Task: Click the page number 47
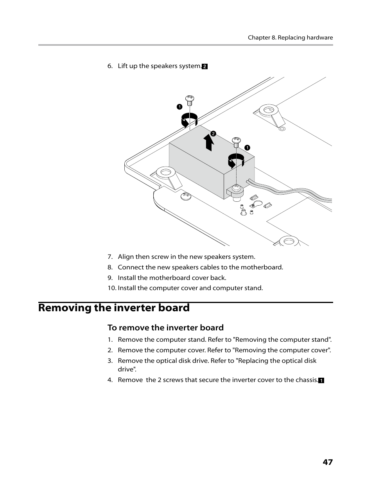(328, 462)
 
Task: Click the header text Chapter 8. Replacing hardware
(290, 38)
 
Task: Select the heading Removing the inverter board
(114, 308)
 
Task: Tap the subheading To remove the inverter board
(165, 328)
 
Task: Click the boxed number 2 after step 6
(204, 66)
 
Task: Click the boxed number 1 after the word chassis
(321, 380)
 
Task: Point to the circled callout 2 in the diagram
(213, 134)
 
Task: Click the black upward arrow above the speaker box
(209, 143)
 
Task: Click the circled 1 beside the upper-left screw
(179, 106)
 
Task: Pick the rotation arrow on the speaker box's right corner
(236, 161)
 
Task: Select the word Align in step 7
(126, 257)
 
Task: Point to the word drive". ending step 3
(127, 369)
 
